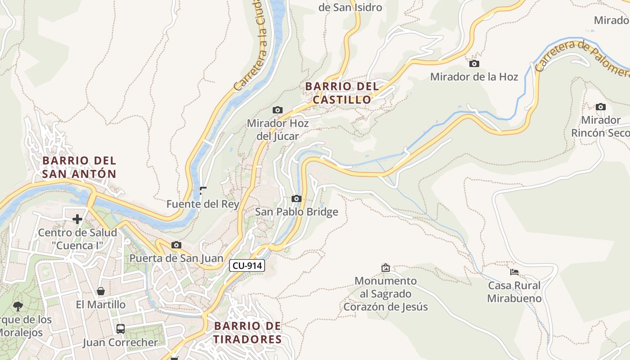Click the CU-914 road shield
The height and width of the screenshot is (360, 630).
coord(247,265)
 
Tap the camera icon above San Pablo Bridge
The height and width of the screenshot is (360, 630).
coord(296,198)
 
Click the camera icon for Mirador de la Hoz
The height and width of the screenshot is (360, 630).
coord(474,64)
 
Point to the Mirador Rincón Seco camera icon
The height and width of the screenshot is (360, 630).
coord(600,107)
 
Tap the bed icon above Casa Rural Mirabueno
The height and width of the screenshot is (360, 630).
coord(514,272)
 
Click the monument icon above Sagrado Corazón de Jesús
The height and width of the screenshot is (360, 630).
coord(385,268)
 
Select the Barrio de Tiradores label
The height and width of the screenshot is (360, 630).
coord(247,333)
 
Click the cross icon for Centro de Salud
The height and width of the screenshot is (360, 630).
coord(77,219)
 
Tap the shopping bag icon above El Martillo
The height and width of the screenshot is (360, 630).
coord(101,291)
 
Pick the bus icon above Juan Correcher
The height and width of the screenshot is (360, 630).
coord(120,328)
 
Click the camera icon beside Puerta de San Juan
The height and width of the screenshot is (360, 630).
coord(176,245)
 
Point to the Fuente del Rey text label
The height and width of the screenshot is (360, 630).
coord(202,204)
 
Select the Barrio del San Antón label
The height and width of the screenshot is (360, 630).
coord(79,167)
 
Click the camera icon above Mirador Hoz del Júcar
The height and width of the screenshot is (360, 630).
coord(278,110)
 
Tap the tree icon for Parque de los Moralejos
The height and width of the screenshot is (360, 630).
coord(18,306)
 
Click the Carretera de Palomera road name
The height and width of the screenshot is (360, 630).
coord(580,56)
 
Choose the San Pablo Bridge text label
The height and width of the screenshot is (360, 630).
coord(296,211)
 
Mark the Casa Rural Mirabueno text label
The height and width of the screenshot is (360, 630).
coord(514,292)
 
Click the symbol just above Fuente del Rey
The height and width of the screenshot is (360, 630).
coord(202,190)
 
